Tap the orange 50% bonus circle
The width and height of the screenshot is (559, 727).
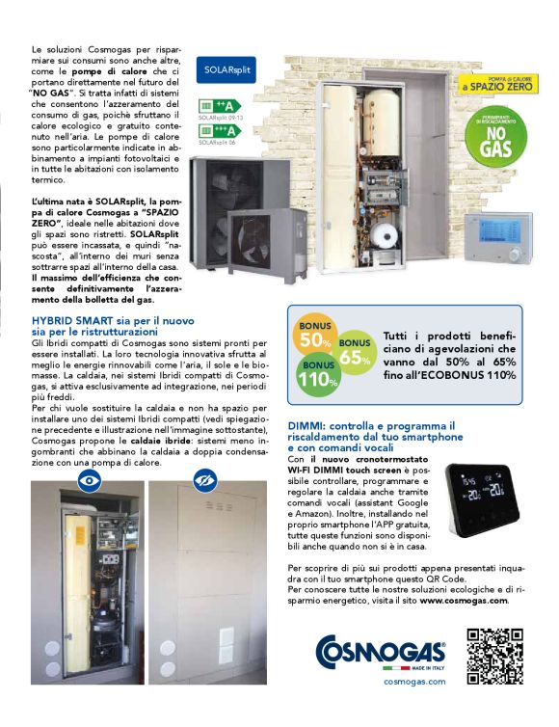(315, 337)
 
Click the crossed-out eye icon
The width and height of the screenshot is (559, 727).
(204, 478)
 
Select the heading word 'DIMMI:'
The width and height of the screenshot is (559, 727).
(306, 425)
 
